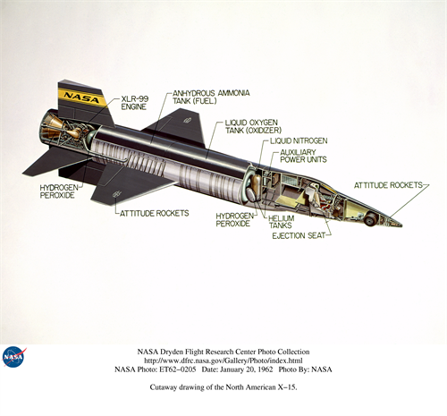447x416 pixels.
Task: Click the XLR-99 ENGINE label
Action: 134,103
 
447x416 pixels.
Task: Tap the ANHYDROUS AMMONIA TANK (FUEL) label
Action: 211,97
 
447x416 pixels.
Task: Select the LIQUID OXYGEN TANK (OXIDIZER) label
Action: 253,126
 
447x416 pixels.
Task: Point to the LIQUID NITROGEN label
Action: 299,140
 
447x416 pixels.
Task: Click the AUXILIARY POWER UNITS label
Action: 303,156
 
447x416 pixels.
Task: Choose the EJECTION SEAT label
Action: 299,235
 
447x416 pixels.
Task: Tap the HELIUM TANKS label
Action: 282,222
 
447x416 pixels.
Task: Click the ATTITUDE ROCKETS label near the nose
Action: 388,185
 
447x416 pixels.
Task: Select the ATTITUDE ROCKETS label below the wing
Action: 154,213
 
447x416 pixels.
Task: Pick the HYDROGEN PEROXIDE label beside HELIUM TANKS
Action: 235,219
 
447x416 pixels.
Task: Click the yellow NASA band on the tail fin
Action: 82,98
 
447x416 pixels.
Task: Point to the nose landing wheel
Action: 370,220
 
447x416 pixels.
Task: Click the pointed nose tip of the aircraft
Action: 401,225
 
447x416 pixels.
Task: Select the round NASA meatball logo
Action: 13,357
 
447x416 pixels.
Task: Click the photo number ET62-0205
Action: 178,369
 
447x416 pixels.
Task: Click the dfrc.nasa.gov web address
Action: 223,361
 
